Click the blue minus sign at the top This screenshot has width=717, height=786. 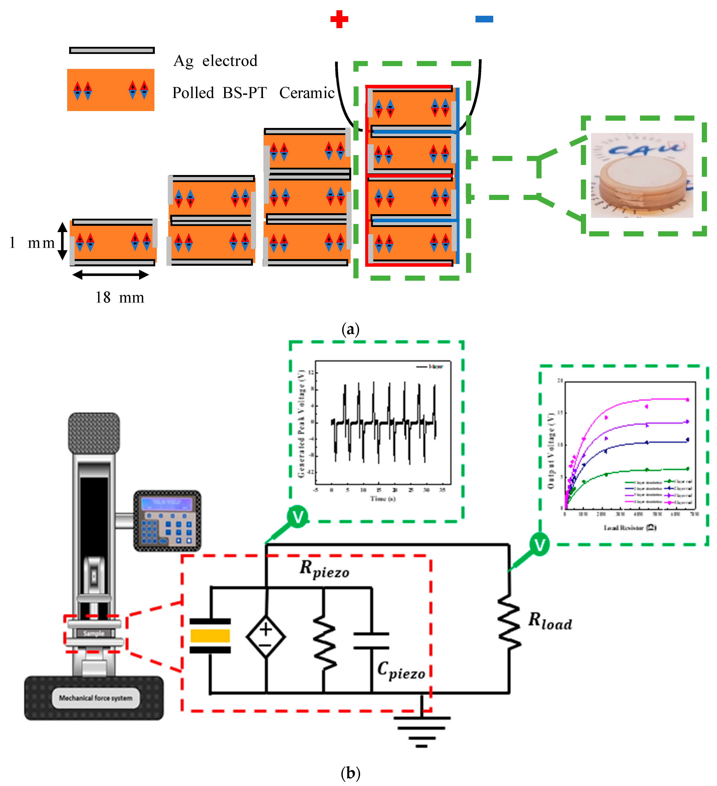click(x=484, y=19)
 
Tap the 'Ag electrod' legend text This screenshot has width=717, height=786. click(x=215, y=61)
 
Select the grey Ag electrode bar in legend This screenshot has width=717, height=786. click(x=112, y=50)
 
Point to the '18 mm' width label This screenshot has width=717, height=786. click(x=120, y=297)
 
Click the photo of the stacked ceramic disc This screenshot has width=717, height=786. click(x=642, y=175)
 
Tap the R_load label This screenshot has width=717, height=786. click(x=550, y=621)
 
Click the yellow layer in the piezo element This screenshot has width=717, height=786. click(x=210, y=636)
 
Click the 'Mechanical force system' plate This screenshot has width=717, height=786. click(x=96, y=698)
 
